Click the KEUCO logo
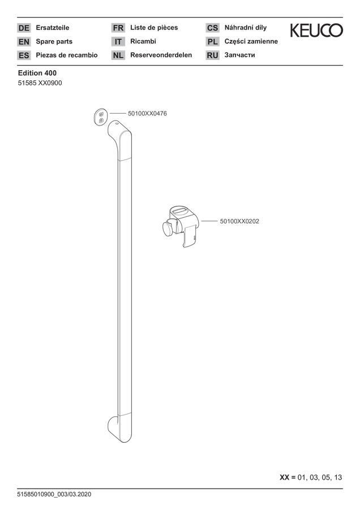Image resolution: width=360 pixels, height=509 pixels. pyautogui.click(x=316, y=30)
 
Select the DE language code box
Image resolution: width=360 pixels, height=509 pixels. pyautogui.click(x=24, y=28)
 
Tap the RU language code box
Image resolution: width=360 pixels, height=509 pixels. pyautogui.click(x=212, y=55)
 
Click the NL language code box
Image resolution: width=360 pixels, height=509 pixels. pyautogui.click(x=118, y=55)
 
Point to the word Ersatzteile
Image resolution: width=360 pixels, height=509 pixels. pyautogui.click(x=52, y=28)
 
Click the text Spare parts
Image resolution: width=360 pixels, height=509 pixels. pyautogui.click(x=54, y=41)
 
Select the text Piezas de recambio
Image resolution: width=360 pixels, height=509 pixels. pyautogui.click(x=67, y=55)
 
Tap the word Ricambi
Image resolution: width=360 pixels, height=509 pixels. pyautogui.click(x=143, y=41)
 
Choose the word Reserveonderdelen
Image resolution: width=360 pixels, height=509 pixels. pyautogui.click(x=161, y=55)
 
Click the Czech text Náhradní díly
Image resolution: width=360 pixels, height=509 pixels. pyautogui.click(x=245, y=28)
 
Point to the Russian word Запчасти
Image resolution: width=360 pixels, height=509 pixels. pyautogui.click(x=239, y=55)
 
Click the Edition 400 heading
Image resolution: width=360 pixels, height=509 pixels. pyautogui.click(x=37, y=73)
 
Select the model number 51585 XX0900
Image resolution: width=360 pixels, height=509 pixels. pyautogui.click(x=40, y=83)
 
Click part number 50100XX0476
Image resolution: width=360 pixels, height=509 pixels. pyautogui.click(x=147, y=114)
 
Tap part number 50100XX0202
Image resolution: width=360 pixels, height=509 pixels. pyautogui.click(x=239, y=221)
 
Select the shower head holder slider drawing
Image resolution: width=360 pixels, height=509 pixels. pyautogui.click(x=180, y=227)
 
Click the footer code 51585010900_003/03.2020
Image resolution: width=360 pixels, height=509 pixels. pyautogui.click(x=54, y=494)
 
